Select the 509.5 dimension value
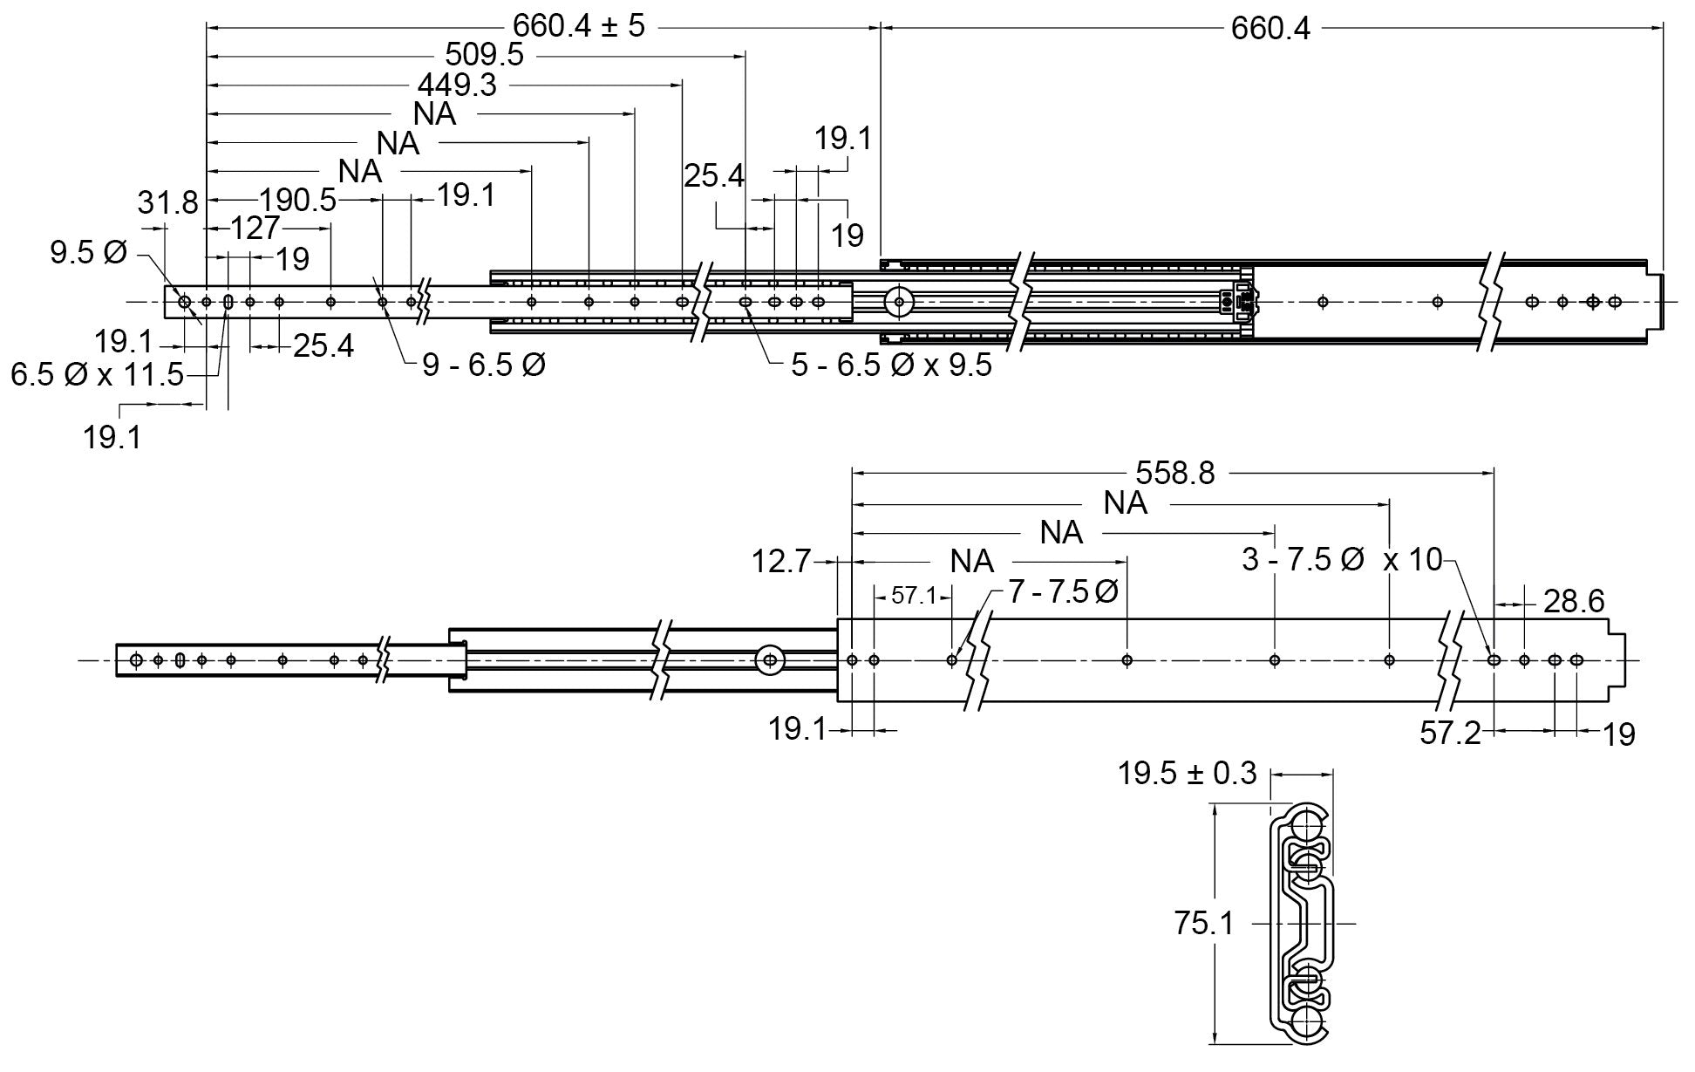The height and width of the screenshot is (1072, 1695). click(x=484, y=55)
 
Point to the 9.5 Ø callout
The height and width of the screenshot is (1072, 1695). click(x=88, y=253)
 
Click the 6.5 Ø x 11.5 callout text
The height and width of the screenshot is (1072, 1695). click(x=97, y=375)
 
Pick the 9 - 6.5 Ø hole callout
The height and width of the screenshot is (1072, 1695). click(x=484, y=365)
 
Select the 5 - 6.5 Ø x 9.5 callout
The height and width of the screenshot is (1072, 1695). click(x=891, y=365)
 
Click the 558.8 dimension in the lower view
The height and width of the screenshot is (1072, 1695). click(x=1174, y=473)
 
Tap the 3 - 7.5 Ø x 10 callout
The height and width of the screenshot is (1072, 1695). click(x=1342, y=559)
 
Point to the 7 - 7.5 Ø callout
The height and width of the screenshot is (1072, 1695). click(x=1063, y=592)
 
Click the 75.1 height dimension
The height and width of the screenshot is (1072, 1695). click(x=1203, y=924)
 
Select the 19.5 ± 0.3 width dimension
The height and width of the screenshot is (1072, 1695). click(x=1188, y=773)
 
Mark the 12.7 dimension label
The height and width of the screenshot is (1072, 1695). click(x=781, y=561)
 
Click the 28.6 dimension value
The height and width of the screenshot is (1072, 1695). click(x=1574, y=601)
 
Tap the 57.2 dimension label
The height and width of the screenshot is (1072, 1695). click(x=1450, y=733)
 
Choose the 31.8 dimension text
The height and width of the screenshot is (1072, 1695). click(x=167, y=203)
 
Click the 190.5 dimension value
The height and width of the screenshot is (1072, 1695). click(x=297, y=200)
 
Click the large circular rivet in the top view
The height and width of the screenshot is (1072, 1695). click(x=897, y=302)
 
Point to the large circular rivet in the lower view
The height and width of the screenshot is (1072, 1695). click(x=768, y=660)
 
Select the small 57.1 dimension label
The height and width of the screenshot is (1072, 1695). click(x=913, y=596)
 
